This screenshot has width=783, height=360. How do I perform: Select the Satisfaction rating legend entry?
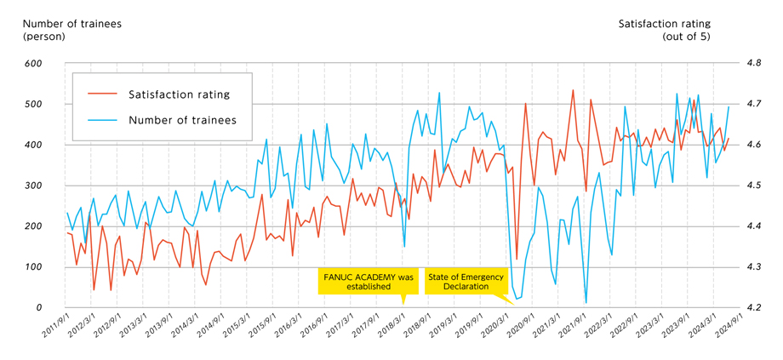click(179, 94)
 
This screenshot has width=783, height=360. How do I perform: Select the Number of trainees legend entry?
click(182, 120)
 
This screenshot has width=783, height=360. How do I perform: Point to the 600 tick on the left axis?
click(33, 64)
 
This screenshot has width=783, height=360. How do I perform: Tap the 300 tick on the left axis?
click(33, 186)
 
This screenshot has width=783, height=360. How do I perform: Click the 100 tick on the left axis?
click(33, 267)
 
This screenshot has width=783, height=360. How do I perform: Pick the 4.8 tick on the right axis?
click(754, 64)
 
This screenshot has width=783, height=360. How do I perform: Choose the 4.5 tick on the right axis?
click(754, 186)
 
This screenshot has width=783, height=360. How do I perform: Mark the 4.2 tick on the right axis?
click(754, 307)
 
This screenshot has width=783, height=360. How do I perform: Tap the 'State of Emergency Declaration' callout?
click(465, 282)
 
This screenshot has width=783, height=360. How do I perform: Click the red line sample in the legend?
click(102, 94)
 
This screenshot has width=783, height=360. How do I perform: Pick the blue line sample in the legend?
click(102, 120)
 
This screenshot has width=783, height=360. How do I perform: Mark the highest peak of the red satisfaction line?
click(573, 90)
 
